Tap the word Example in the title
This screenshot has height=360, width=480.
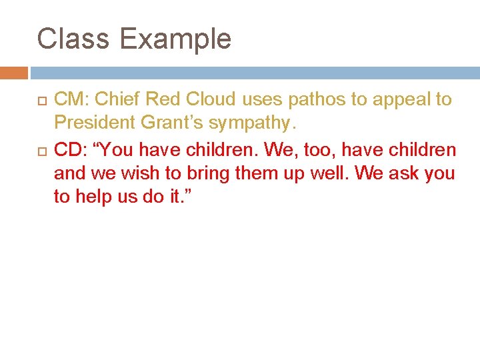[x=175, y=40]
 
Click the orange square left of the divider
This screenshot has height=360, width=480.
[x=14, y=73]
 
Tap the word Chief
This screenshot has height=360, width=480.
[x=117, y=99]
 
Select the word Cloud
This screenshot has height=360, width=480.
[x=211, y=99]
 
